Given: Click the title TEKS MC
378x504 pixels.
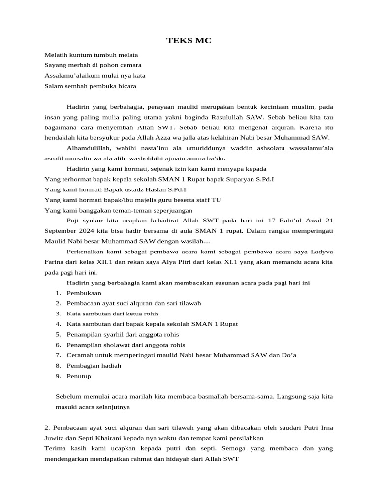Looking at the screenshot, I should pos(189,41).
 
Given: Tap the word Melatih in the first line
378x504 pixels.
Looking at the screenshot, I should pos(55,55).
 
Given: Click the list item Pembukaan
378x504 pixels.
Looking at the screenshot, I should pos(84,293).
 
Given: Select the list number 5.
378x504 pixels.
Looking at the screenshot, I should pos(58,334).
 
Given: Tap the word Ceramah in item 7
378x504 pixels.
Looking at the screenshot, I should pos(80,355).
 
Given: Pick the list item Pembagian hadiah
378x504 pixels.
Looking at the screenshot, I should pos(94,365).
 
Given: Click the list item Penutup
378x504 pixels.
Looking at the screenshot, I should pos(79,376).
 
